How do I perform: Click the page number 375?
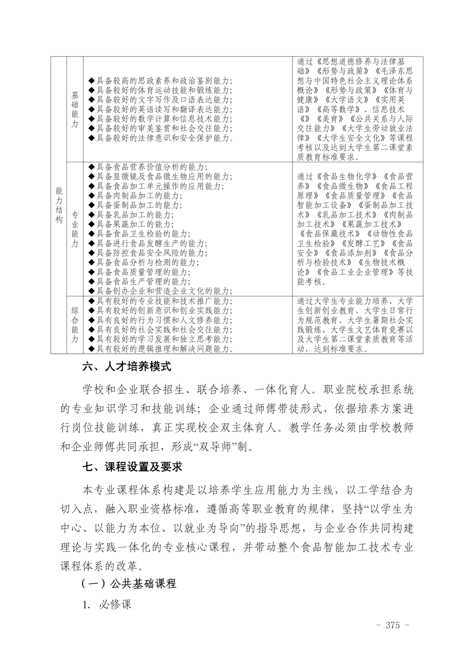coord(392,625)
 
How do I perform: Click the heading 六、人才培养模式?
coord(127,366)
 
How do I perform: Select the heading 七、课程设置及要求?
coord(132,467)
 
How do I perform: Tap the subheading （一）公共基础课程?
coord(128,583)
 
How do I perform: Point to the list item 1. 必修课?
coord(107,604)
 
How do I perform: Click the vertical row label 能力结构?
coord(59,205)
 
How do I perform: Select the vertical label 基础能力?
coord(75,109)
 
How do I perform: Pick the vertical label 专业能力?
coord(75,229)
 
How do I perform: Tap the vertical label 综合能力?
coord(75,325)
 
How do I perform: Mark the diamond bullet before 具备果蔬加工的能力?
coord(91,224)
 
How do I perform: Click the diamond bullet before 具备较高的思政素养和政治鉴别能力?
coord(91,81)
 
